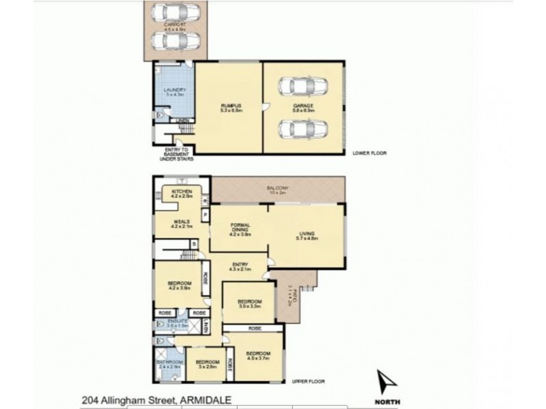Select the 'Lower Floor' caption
tap(369, 153)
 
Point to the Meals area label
tap(180, 223)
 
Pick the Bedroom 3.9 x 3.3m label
tap(249, 303)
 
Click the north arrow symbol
tap(386, 382)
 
